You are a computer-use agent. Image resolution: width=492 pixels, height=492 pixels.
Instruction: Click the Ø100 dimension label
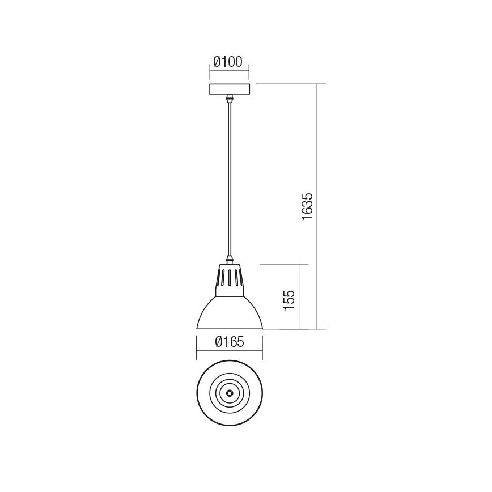click(x=230, y=61)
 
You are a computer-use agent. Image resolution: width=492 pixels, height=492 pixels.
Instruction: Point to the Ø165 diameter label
click(x=229, y=342)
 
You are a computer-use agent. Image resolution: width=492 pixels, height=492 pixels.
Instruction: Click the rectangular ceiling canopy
click(x=230, y=89)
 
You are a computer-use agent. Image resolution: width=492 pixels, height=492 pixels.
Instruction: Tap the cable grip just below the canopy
click(x=230, y=99)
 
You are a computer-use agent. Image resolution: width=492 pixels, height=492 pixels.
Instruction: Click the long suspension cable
click(x=230, y=181)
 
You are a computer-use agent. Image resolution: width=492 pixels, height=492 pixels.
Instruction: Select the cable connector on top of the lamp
click(x=230, y=261)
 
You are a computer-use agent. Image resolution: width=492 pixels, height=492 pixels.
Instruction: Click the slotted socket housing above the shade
click(x=229, y=281)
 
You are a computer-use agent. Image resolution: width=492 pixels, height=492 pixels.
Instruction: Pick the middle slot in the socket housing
click(x=229, y=279)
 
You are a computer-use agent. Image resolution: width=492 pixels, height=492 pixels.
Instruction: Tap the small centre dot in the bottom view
click(x=229, y=392)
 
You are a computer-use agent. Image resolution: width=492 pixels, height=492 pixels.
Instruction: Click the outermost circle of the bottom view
click(x=198, y=392)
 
